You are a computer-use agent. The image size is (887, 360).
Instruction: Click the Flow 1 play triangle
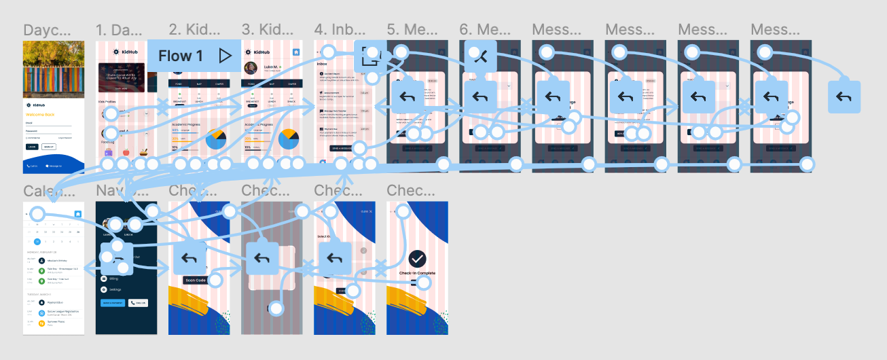225,56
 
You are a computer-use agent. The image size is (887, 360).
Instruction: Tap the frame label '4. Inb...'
340,30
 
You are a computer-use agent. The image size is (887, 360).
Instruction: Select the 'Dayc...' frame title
47,30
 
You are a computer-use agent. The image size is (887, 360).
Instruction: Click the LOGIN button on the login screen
32,147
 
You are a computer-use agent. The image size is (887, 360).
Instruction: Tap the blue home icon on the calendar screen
78,215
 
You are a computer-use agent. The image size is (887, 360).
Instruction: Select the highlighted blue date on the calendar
37,241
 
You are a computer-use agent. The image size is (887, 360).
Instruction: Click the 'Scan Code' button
196,280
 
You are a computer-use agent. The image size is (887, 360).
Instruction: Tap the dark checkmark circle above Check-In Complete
417,258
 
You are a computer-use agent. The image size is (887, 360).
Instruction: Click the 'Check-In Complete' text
417,273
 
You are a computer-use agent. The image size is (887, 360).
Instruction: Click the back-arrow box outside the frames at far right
844,96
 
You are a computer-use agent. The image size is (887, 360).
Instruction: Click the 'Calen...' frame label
47,191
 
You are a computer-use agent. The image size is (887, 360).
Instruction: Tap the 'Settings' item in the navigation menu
115,289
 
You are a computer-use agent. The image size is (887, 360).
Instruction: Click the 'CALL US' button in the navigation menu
138,303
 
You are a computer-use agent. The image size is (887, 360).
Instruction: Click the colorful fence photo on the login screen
54,69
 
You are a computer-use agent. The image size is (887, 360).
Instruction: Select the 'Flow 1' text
181,56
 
